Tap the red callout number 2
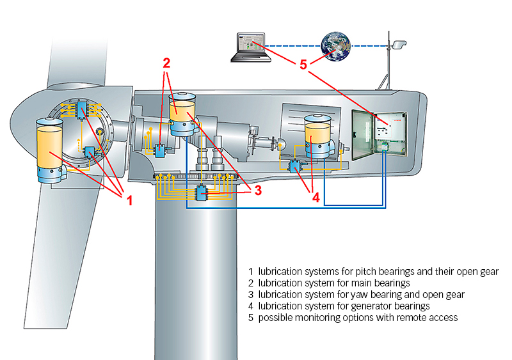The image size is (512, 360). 166,63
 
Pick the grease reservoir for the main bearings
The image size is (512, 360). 182,113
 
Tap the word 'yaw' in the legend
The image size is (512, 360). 349,295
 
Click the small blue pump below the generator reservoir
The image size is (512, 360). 295,166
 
